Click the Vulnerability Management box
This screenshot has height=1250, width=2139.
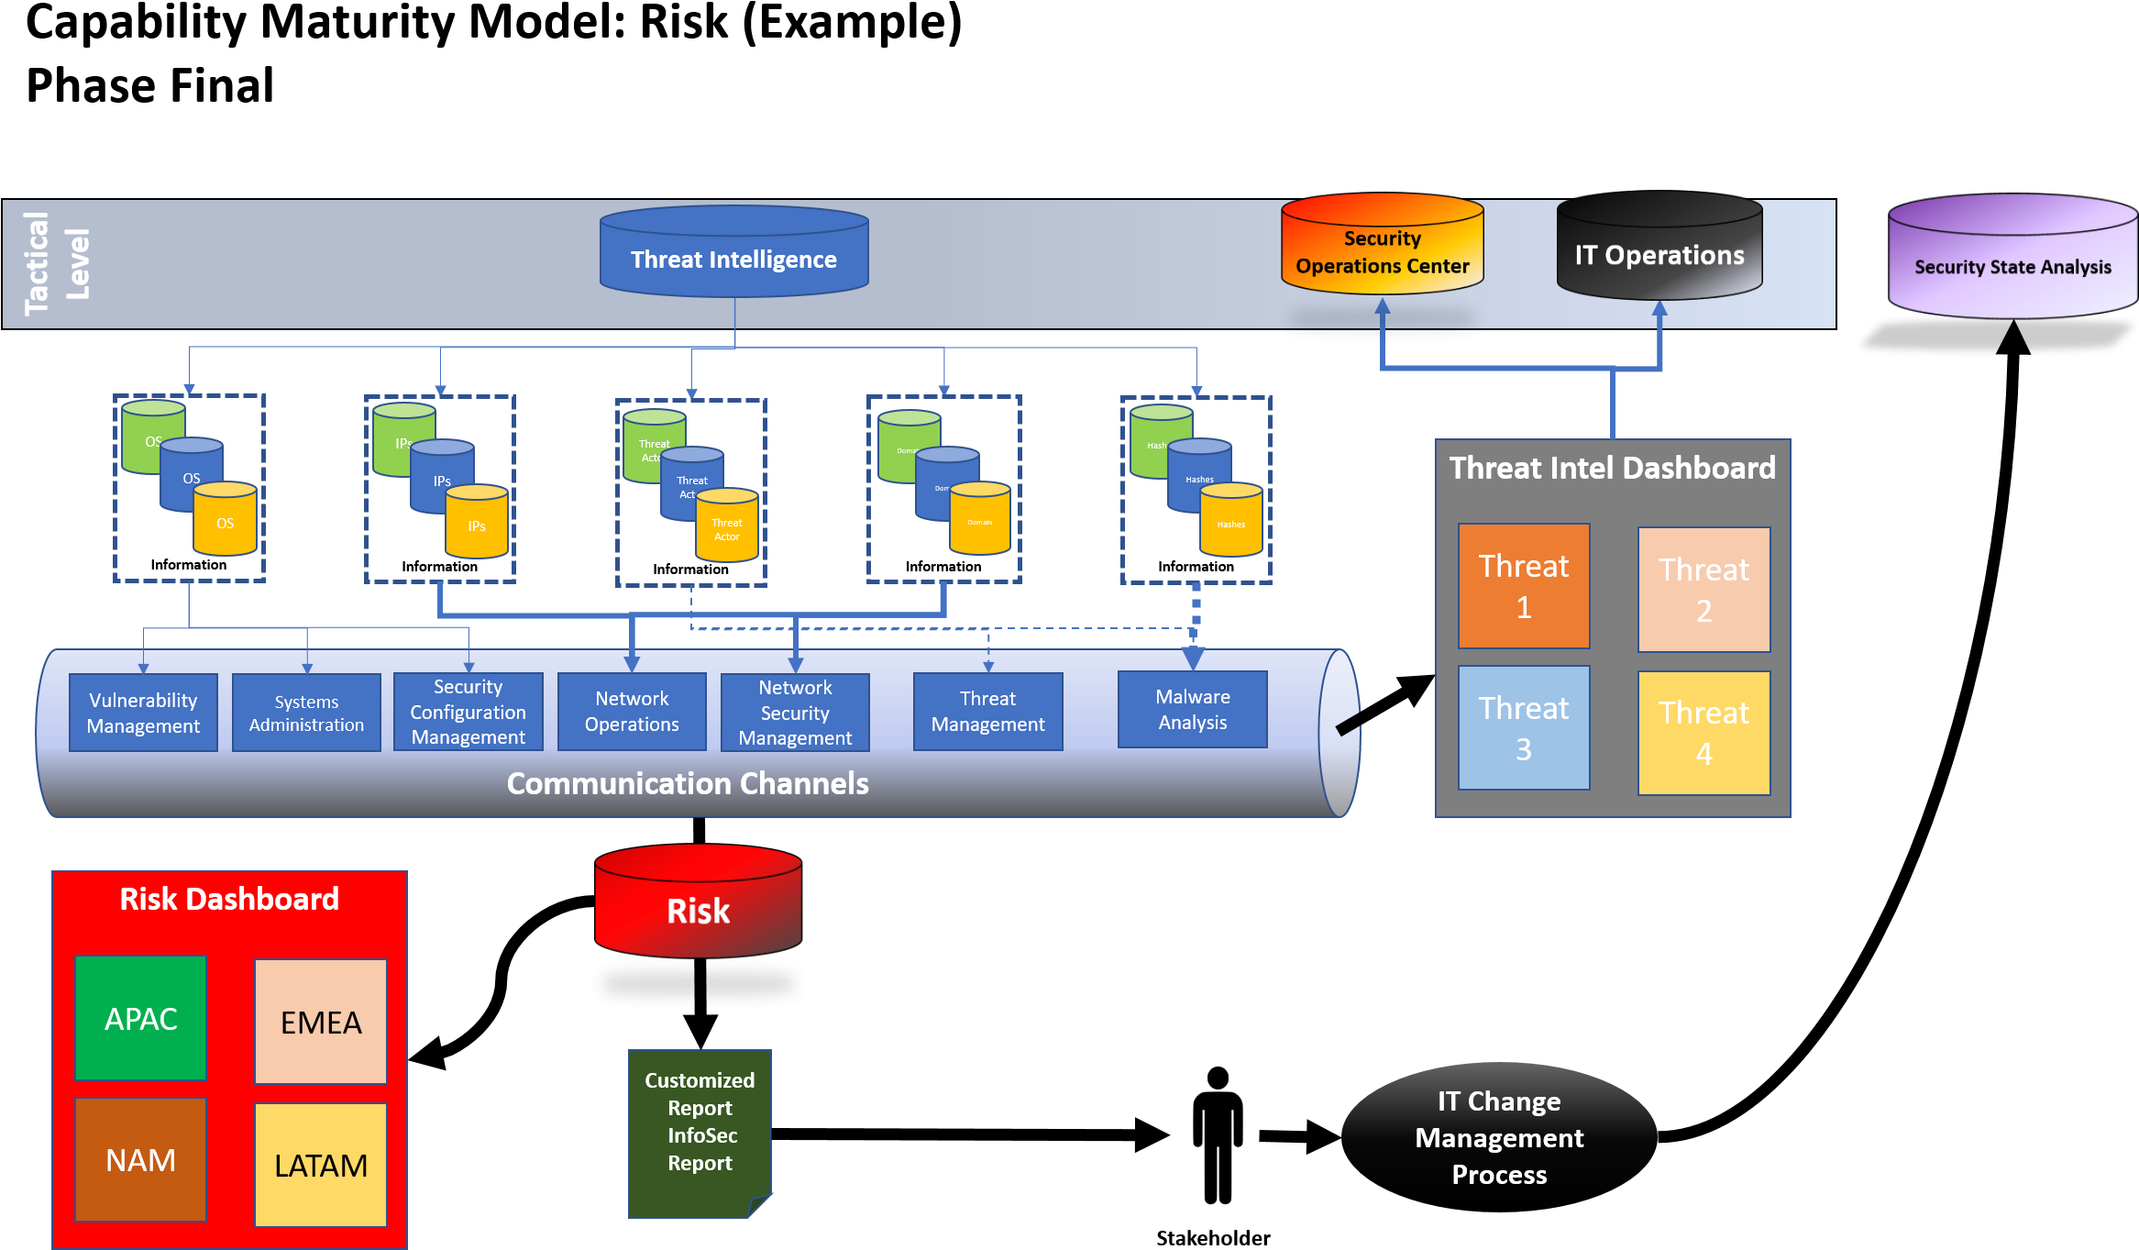coord(143,713)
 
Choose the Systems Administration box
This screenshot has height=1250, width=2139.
coord(306,713)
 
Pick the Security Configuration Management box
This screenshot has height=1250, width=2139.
coord(468,712)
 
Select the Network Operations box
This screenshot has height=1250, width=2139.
coord(632,712)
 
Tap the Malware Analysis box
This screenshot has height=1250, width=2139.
coord(1192,709)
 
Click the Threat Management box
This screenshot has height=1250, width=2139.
coord(987,712)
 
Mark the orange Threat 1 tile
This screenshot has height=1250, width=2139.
coord(1524,586)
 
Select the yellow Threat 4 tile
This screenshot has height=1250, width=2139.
coord(1703,733)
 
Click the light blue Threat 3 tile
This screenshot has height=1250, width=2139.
coord(1524,728)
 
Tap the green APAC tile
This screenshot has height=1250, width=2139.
coord(140,1018)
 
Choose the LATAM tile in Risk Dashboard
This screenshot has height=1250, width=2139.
coord(321,1165)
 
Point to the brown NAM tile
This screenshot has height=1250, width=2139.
coord(140,1160)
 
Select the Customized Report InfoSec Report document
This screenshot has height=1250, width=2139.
coord(700,1133)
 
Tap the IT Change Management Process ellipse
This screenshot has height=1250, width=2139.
coord(1499,1137)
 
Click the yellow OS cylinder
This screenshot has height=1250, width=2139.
coord(225,521)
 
